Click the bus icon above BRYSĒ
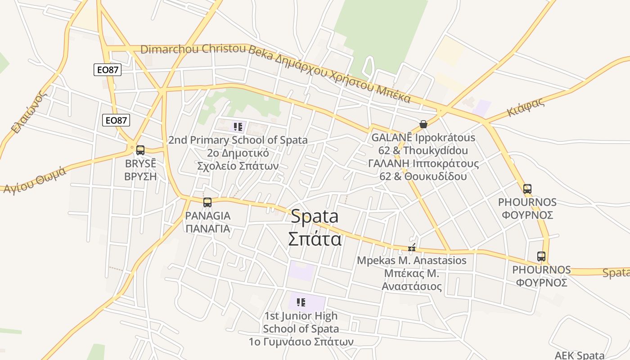click(140, 150)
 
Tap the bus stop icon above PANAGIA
click(207, 202)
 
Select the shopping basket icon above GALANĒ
click(423, 124)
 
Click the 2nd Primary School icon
click(238, 127)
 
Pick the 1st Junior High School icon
click(301, 302)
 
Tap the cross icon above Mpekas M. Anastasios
click(412, 247)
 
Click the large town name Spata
click(315, 216)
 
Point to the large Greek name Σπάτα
click(315, 238)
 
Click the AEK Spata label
click(580, 355)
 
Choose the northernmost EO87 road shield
click(108, 70)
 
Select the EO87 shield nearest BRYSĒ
click(116, 120)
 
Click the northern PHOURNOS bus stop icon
click(527, 189)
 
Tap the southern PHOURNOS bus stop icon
click(541, 256)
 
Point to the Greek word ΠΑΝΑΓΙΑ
click(208, 228)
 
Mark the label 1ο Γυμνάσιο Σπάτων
click(301, 342)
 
